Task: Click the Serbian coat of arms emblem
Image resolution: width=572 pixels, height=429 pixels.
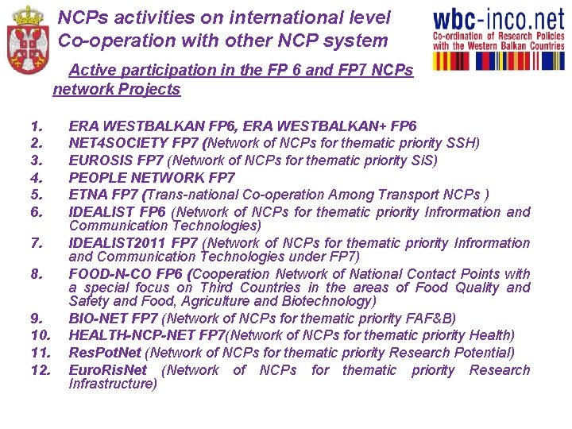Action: click(x=26, y=38)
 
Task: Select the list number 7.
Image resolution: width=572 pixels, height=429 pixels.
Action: click(x=36, y=242)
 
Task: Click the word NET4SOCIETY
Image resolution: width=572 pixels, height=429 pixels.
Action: click(x=118, y=143)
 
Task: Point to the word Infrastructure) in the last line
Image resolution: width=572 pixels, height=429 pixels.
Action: click(x=113, y=385)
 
